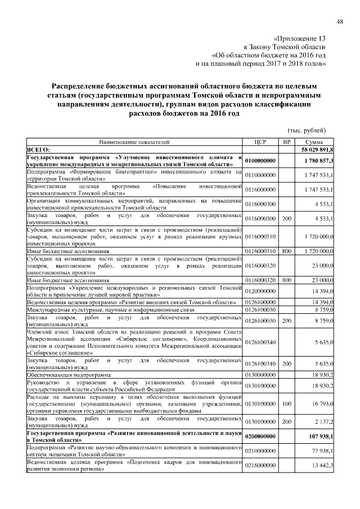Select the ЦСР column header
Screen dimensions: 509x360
click(x=260, y=142)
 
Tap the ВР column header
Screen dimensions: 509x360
click(x=286, y=142)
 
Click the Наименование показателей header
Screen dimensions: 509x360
click(x=134, y=142)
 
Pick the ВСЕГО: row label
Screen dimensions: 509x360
click(x=39, y=150)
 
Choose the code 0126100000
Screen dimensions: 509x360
click(x=260, y=302)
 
